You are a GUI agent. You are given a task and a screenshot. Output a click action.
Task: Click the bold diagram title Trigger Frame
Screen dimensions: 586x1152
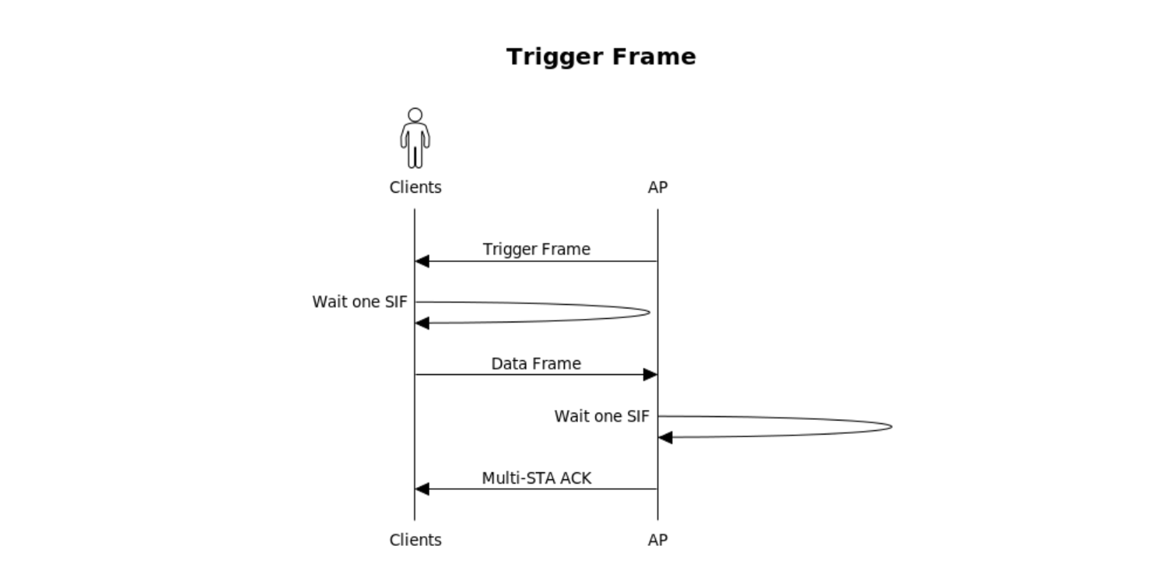point(601,57)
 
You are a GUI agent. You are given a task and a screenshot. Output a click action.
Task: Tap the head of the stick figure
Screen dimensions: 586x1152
point(415,115)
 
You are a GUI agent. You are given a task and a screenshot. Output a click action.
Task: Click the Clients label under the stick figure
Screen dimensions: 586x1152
point(415,188)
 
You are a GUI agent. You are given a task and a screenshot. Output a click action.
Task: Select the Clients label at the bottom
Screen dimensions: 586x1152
point(415,540)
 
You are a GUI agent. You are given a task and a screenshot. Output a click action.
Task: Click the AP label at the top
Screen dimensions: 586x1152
point(658,188)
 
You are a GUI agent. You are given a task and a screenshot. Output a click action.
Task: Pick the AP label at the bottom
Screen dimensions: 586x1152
point(658,540)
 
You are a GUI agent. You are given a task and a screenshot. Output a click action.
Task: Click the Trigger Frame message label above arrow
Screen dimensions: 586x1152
point(536,250)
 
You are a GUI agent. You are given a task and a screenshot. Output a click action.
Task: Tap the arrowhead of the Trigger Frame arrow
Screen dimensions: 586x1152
point(422,261)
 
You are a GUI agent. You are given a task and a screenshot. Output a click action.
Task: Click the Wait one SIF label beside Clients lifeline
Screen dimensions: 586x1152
point(360,302)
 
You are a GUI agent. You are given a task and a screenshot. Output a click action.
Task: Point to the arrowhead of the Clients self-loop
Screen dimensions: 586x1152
point(422,323)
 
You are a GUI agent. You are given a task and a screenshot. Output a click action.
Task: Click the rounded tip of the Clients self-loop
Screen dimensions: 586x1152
point(648,312)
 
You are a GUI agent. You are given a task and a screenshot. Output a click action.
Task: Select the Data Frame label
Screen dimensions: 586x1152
point(536,364)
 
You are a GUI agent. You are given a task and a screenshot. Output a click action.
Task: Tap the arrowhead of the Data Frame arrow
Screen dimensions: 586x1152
point(650,374)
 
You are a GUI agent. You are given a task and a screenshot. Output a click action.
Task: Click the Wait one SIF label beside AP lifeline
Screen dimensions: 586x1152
point(601,417)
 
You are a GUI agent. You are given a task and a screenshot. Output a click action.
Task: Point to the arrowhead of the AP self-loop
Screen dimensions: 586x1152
point(665,438)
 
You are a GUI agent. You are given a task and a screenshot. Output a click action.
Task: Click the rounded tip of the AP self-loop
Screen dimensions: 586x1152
point(890,427)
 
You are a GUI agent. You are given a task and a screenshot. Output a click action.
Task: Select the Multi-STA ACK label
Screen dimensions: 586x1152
point(536,479)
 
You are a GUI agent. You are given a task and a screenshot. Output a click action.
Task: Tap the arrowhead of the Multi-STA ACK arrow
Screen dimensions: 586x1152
point(422,489)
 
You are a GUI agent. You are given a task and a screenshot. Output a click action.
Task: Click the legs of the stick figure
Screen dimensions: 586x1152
point(415,157)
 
